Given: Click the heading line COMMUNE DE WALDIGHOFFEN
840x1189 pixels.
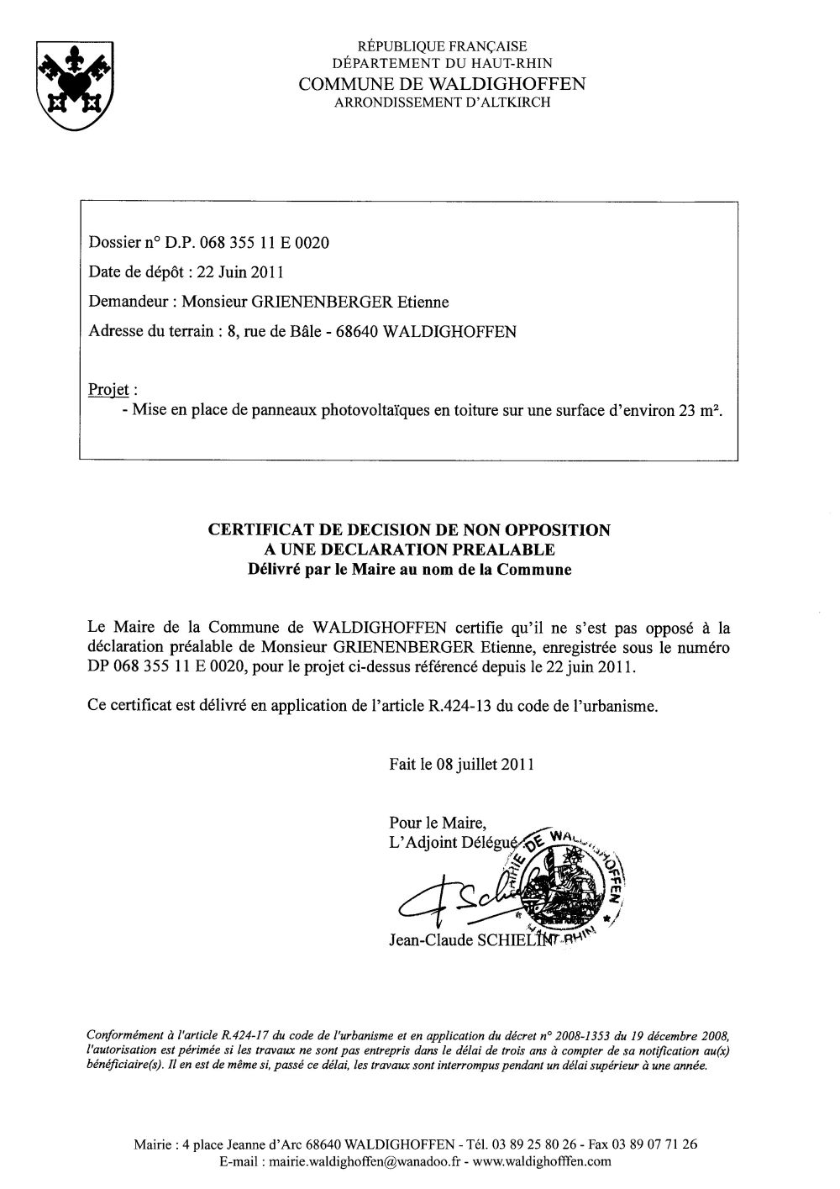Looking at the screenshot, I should coord(443,84).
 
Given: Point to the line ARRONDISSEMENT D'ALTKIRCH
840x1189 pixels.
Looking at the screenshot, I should coord(443,103).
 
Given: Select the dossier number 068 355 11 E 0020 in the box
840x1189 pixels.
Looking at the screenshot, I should coord(265,243).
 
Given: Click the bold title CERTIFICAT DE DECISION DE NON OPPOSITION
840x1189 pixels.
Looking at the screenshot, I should coord(408,530).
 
